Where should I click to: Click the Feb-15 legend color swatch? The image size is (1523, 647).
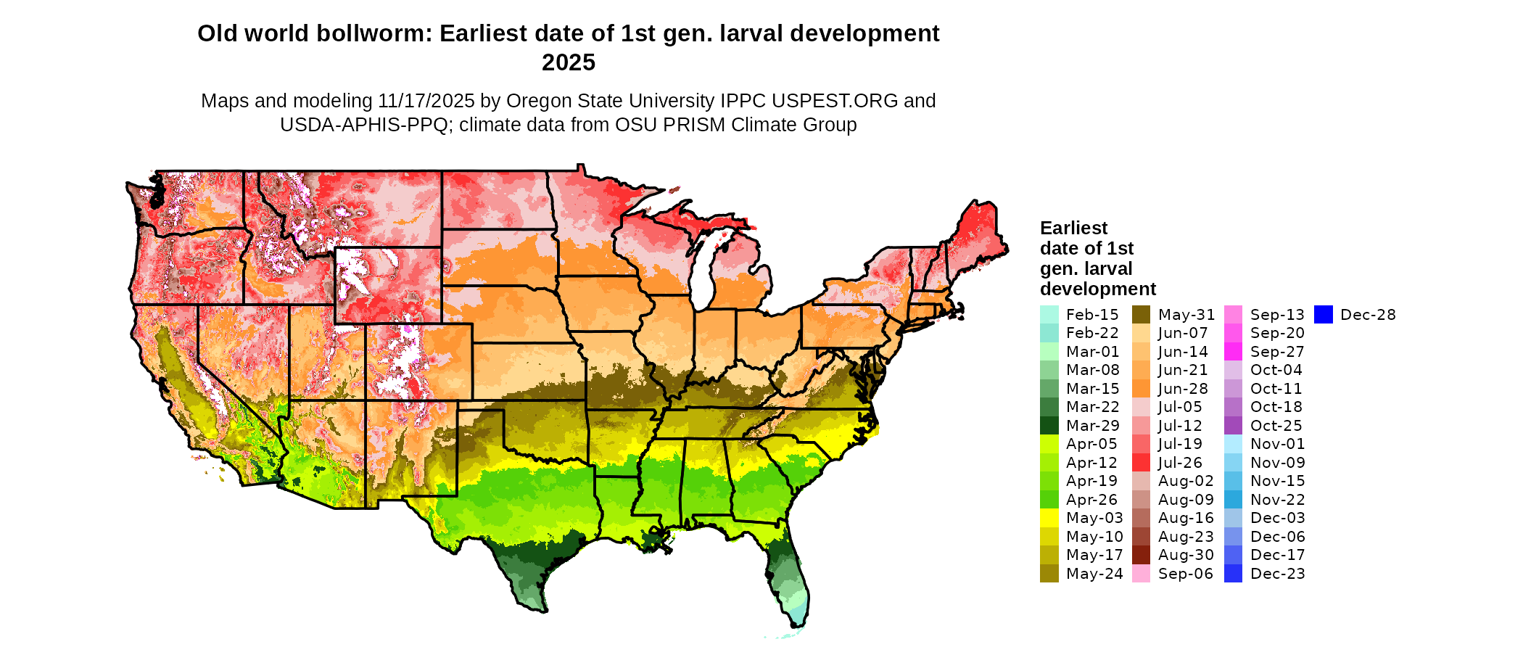pos(1049,315)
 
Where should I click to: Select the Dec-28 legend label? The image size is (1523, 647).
pos(1368,315)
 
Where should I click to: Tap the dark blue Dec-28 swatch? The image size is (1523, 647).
pos(1324,315)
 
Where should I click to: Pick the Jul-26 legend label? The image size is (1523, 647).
pos(1180,463)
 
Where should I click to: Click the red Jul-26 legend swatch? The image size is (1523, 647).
pos(1141,463)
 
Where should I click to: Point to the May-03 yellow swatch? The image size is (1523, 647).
pos(1049,518)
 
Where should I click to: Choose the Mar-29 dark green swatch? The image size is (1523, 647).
pos(1049,426)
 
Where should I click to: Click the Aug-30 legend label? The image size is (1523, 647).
pos(1186,555)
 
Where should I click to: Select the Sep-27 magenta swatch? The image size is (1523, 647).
pos(1233,352)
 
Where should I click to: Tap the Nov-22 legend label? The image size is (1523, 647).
pos(1277,500)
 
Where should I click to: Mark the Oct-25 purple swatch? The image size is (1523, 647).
pos(1233,426)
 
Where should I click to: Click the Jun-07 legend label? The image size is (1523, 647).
pos(1183,333)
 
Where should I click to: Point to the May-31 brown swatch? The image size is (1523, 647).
pos(1141,315)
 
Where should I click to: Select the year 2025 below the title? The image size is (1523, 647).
pos(569,62)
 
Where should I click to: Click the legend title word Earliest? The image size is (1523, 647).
pos(1073,228)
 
